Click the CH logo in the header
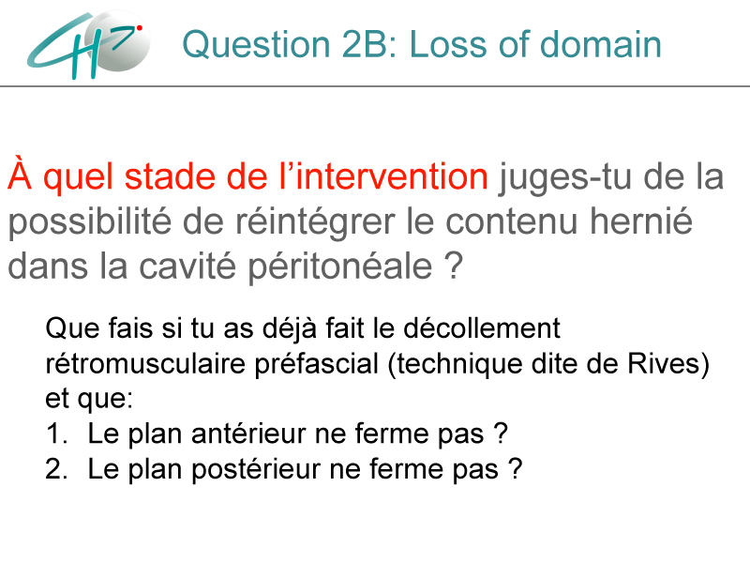89,44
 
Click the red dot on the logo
139,28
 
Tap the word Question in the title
256,44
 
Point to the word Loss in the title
443,44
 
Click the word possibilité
89,222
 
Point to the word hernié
641,221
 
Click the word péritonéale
340,266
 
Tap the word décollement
481,328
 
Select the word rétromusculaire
146,364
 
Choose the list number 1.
56,434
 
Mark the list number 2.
56,468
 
